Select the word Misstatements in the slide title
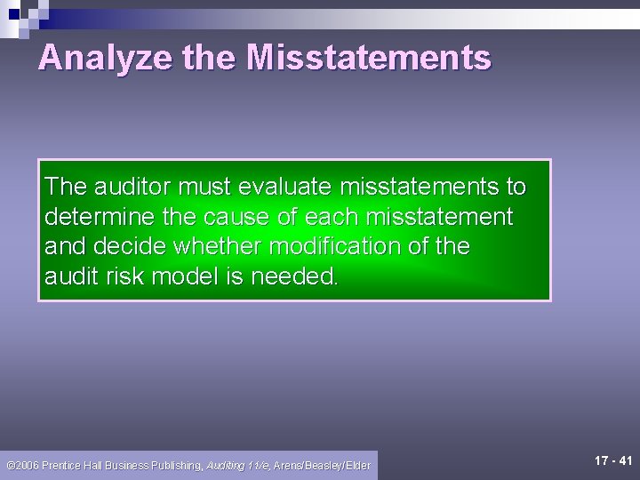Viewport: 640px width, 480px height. (368, 58)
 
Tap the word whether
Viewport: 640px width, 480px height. (219, 246)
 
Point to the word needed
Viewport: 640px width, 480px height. (294, 276)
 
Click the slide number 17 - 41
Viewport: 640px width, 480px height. (613, 460)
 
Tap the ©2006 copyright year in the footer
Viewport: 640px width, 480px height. (22, 465)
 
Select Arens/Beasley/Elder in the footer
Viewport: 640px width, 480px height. (322, 465)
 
